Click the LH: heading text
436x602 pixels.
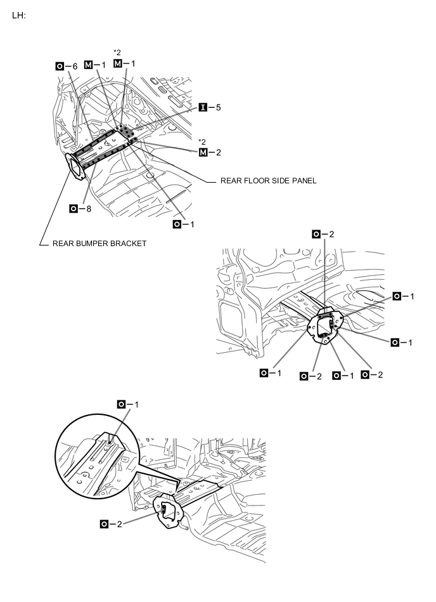point(18,15)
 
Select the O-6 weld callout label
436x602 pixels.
point(67,66)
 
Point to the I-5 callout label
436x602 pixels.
point(210,108)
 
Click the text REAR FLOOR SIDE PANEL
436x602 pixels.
point(268,181)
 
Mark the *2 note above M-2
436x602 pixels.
point(202,141)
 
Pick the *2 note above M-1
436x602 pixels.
point(117,52)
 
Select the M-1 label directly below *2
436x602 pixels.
point(124,63)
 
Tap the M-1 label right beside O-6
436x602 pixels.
point(95,66)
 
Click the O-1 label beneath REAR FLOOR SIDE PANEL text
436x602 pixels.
point(184,225)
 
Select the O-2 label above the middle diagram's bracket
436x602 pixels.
point(323,235)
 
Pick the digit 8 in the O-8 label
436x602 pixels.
point(87,208)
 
